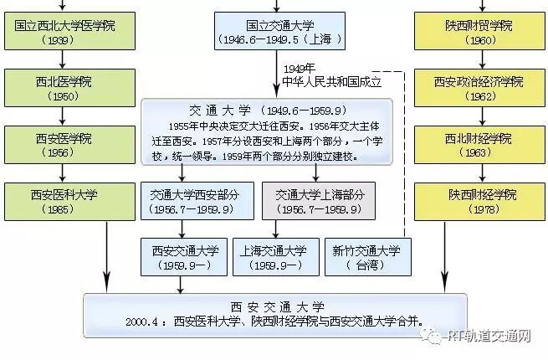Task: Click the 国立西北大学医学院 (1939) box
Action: [64, 31]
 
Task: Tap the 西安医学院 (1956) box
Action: [64, 145]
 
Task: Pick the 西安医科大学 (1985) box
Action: [64, 201]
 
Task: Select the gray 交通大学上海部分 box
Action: [319, 201]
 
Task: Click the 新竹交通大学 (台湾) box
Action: [366, 256]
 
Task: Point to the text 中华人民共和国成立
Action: [333, 82]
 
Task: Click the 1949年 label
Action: [299, 69]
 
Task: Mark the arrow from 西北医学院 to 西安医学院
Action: [64, 116]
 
